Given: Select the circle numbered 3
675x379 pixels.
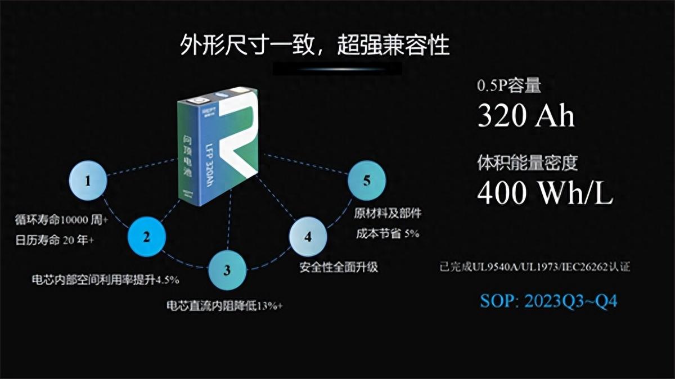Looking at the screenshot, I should tap(227, 270).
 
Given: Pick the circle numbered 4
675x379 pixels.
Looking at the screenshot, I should tap(308, 237).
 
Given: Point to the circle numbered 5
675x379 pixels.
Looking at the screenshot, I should tap(367, 181).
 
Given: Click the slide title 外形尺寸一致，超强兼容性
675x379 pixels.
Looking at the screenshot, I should tap(315, 45).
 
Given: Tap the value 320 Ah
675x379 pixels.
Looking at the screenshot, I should tap(525, 116).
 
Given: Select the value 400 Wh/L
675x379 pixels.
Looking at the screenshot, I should tap(545, 193).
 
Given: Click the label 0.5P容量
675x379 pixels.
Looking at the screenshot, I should tap(508, 87).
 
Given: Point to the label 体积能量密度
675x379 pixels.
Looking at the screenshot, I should tap(527, 163).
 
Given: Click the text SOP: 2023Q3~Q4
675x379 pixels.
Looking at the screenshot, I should tap(548, 301).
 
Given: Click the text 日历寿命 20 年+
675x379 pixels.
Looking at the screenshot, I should tap(55, 241).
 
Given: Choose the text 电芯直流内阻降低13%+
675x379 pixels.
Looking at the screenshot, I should tap(224, 306).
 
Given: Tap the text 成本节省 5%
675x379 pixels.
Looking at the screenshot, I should tap(388, 233).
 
